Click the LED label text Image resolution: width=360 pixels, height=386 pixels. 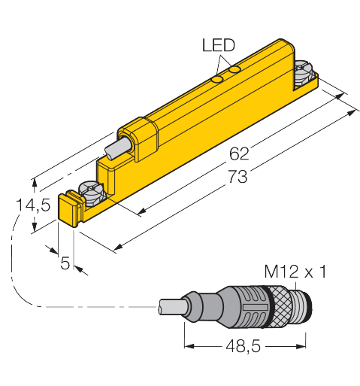pos(219,45)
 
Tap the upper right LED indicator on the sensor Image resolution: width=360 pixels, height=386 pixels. pos(236,70)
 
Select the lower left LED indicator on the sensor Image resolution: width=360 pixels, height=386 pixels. pos(217,80)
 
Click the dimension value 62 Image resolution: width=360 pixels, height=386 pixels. pos(239,153)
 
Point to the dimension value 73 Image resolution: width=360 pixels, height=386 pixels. pos(237,176)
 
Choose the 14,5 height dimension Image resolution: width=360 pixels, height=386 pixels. pos(33,205)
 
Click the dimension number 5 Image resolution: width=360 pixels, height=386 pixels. pos(65,263)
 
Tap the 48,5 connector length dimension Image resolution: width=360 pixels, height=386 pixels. pos(244,346)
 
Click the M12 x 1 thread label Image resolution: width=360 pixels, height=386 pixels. pos(295,272)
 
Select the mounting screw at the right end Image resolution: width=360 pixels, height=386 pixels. pos(304,73)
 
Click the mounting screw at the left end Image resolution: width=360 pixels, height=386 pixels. pos(92,193)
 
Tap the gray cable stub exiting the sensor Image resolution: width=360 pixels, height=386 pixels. pos(116,149)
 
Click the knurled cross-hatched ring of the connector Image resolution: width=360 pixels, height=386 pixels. pos(281,307)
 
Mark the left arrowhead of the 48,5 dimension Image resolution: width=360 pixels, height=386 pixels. pos(189,346)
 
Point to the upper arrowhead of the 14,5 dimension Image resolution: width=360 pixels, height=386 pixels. pos(35,184)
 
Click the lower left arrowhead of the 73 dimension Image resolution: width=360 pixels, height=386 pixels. pos(118,247)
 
